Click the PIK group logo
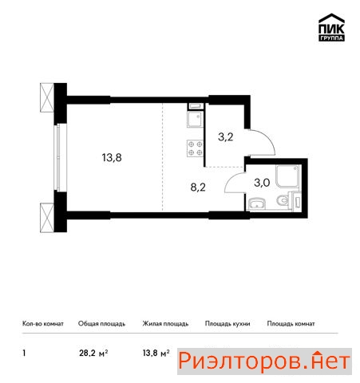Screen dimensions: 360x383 (331, 27)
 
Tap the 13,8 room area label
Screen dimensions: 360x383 (112, 158)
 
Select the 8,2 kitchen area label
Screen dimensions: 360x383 (198, 188)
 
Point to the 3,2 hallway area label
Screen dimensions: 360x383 (226, 137)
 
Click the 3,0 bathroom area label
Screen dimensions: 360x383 (262, 183)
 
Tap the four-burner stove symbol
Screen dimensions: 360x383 (196, 148)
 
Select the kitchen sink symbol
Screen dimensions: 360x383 (196, 119)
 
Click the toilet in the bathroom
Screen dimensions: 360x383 (283, 200)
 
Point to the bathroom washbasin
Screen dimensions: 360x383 (257, 204)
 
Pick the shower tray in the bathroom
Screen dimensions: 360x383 (287, 176)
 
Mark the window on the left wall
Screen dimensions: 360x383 (57, 158)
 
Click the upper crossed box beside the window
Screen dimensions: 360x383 (47, 97)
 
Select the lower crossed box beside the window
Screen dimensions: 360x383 (47, 218)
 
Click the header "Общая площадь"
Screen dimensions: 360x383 (101, 324)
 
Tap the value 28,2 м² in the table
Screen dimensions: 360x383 (93, 353)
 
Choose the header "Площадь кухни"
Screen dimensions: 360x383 (227, 324)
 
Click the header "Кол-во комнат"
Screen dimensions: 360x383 (43, 324)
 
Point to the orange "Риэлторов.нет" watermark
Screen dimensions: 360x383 (264, 361)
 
